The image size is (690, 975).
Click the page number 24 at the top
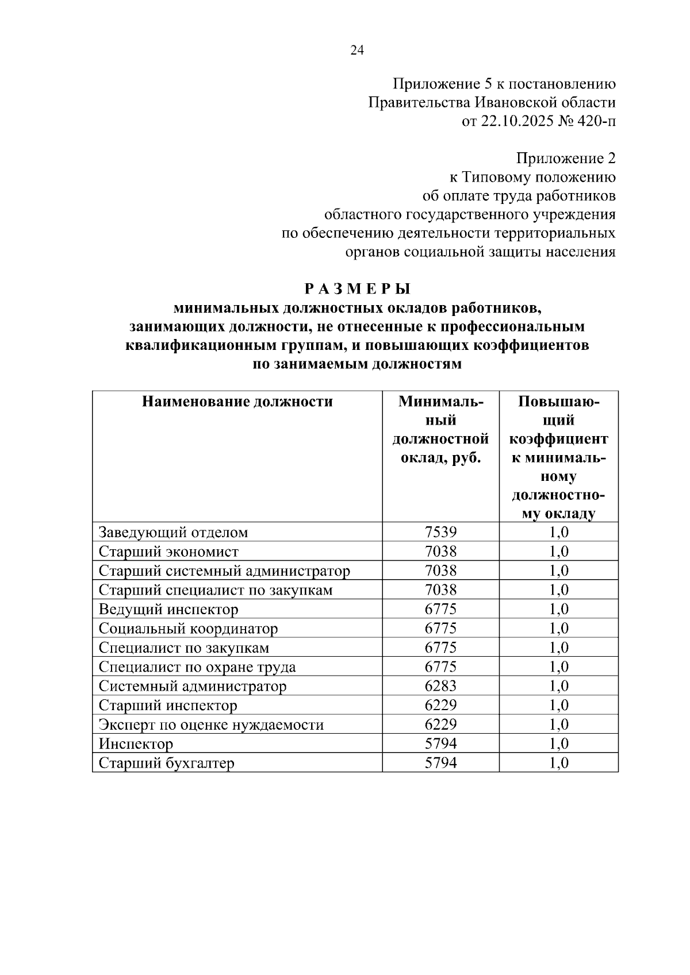(356, 51)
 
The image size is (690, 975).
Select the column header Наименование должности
(237, 402)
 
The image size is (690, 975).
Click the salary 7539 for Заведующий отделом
(440, 532)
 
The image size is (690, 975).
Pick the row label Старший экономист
(168, 552)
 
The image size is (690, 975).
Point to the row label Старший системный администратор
(224, 571)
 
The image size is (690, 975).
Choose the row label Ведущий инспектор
(168, 610)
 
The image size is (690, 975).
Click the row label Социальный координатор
(188, 629)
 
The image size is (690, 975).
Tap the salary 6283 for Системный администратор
(440, 686)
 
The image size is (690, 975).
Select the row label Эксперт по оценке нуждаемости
(211, 724)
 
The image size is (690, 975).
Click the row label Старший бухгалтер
(167, 763)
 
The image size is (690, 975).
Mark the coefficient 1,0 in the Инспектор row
(559, 744)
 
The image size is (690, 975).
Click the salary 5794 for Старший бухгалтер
(440, 763)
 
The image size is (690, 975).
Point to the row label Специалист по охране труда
(197, 667)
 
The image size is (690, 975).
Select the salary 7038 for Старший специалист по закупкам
(440, 590)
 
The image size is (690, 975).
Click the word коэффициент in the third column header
(558, 440)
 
